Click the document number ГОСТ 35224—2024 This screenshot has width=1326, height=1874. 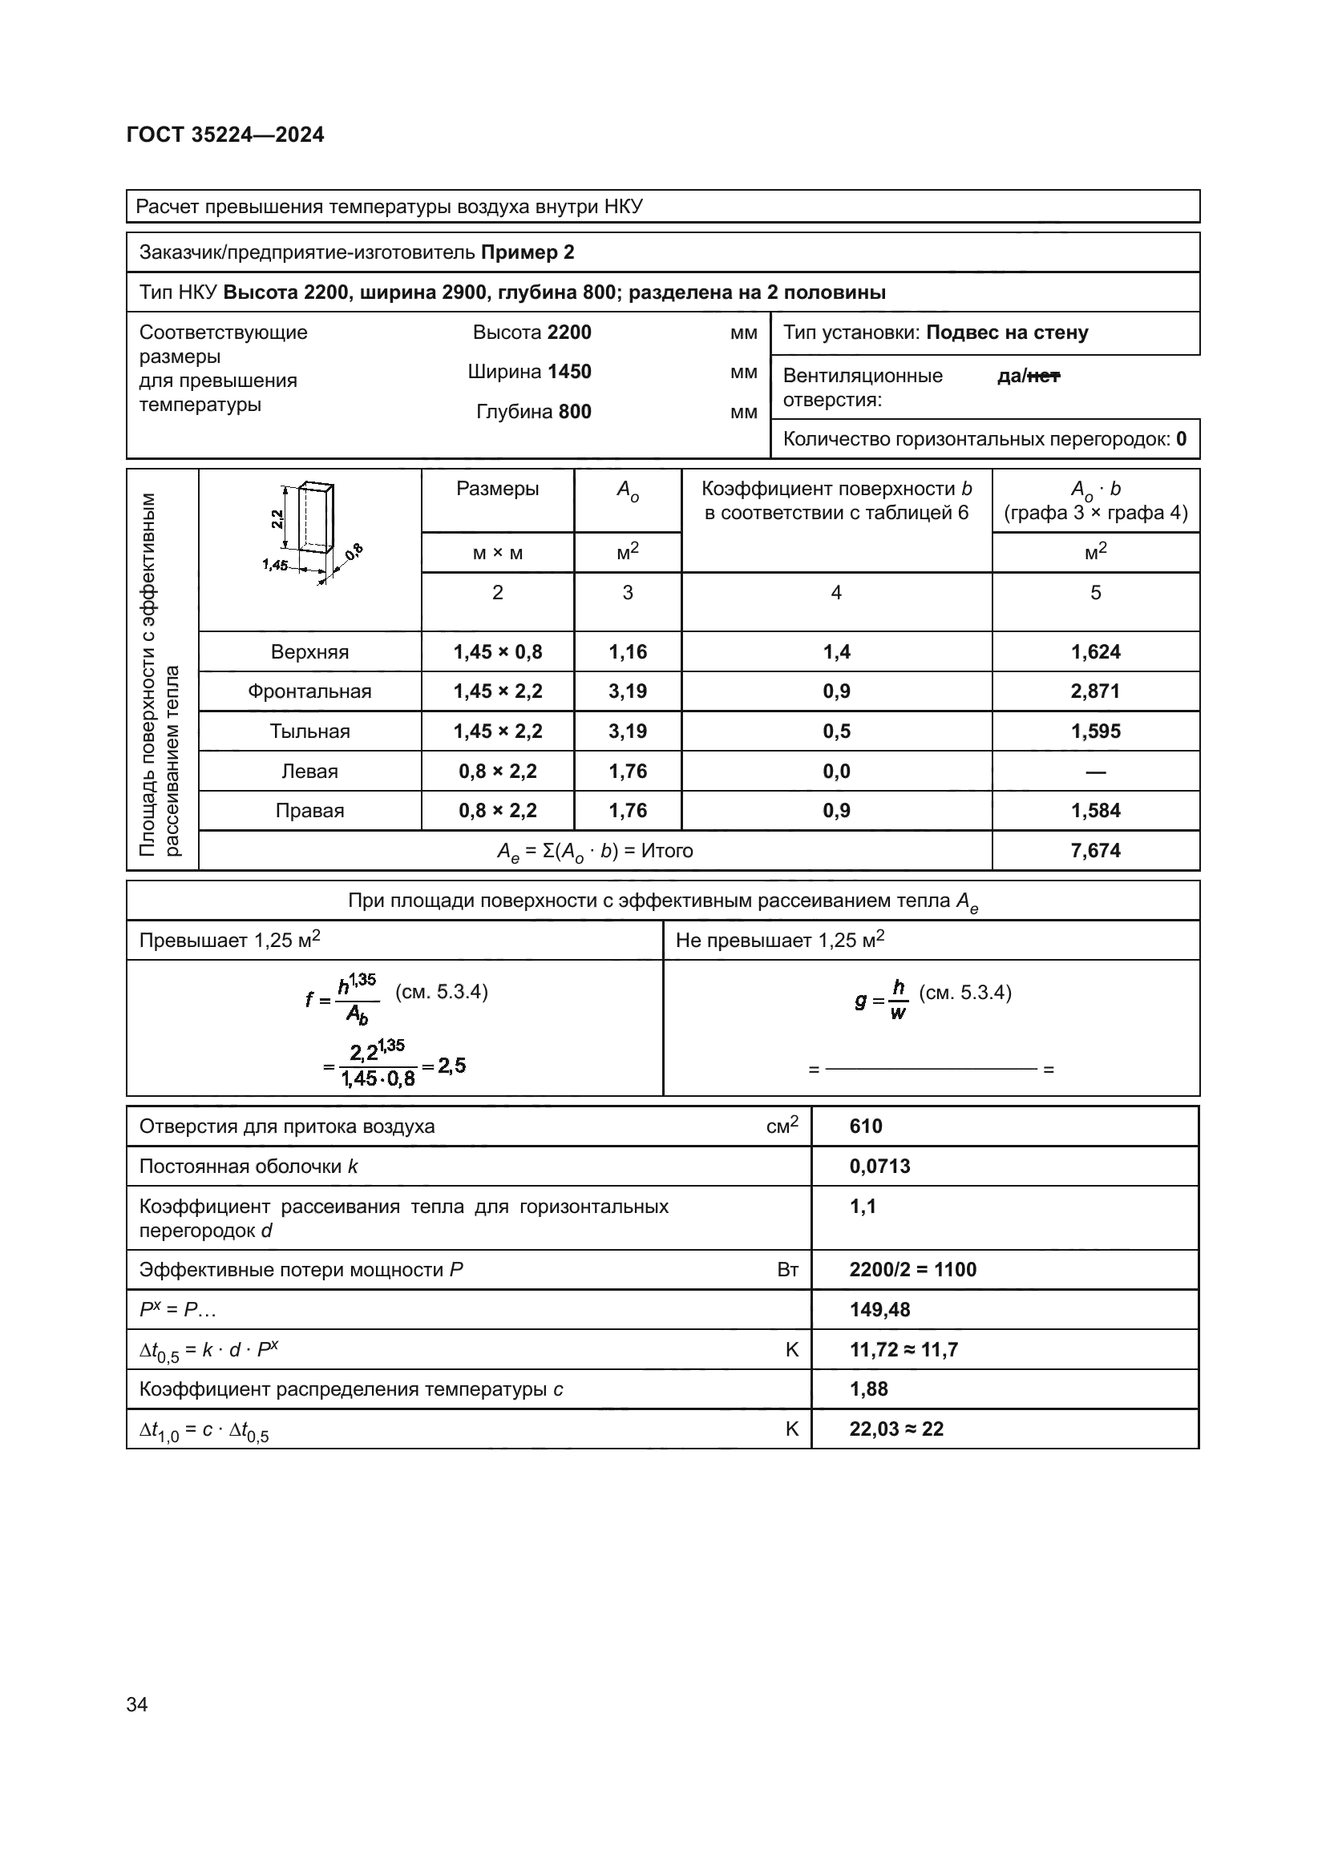pos(225,135)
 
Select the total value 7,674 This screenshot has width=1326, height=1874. pos(1095,851)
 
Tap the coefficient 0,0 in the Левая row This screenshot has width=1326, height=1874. pos(836,772)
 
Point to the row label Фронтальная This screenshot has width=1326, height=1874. pos(309,691)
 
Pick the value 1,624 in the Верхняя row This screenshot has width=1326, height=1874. pos(1095,652)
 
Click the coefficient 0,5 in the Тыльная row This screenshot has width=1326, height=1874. pos(836,731)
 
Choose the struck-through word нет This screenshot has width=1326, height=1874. pos(1044,377)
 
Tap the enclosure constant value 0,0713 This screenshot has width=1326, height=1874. pos(879,1167)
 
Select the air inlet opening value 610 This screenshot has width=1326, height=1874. pos(866,1126)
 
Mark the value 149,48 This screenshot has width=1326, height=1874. pos(879,1310)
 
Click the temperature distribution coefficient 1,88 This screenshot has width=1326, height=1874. pos(869,1389)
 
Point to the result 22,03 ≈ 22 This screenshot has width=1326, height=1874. pos(895,1429)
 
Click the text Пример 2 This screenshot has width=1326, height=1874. pos(528,252)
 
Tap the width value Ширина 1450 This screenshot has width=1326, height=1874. pos(529,373)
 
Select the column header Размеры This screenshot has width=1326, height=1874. pos(497,489)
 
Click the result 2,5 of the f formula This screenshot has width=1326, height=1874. pos(451,1065)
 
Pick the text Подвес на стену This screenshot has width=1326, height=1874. pos(1007,333)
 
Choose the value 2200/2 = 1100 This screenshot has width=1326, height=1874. pos(912,1270)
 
